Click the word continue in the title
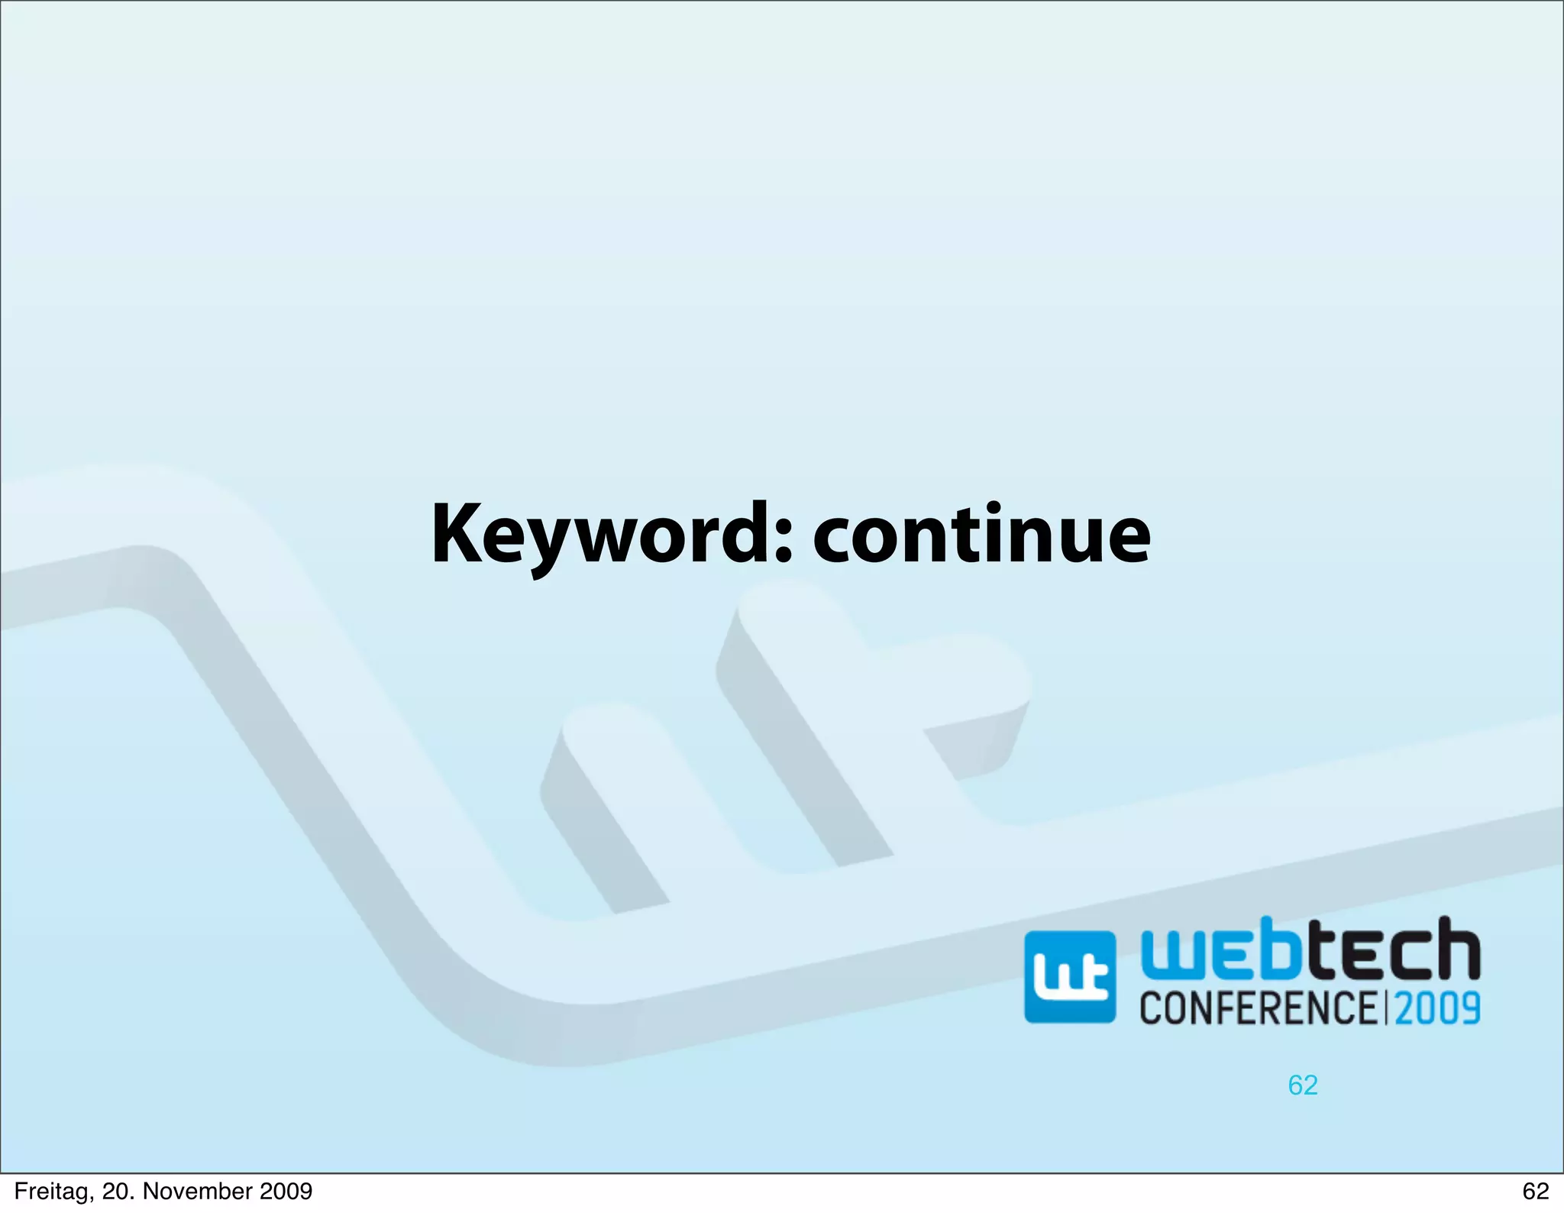click(x=981, y=535)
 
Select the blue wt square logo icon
click(x=1069, y=977)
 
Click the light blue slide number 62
click(x=1303, y=1085)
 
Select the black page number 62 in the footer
click(x=1535, y=1192)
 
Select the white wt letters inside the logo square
click(x=1069, y=980)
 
